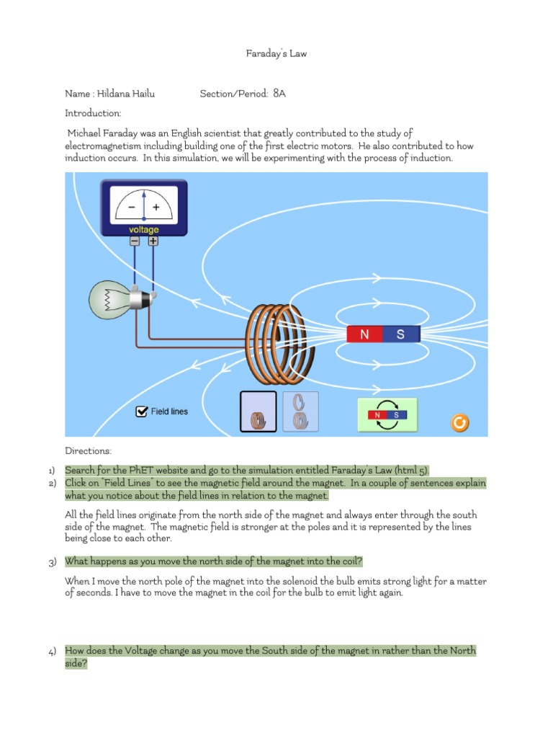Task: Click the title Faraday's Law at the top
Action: [x=276, y=54]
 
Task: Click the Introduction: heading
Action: [x=93, y=113]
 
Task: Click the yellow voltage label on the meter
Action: [x=144, y=230]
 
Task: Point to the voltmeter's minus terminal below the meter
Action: [x=135, y=242]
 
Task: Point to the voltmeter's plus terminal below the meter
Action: [x=153, y=242]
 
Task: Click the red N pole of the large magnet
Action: [x=364, y=334]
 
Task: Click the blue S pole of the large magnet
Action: [x=400, y=334]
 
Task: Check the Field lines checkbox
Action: [x=142, y=412]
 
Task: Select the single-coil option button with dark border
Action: [x=257, y=412]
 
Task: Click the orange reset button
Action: [x=459, y=422]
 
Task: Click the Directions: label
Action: [x=89, y=451]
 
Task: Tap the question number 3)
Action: [x=53, y=562]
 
